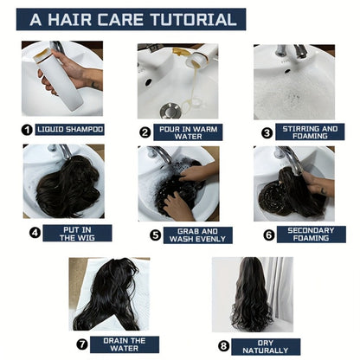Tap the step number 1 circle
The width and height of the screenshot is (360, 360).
[x=27, y=130]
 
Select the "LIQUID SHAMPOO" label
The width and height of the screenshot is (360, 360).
[x=70, y=129]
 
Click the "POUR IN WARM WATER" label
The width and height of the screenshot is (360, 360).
[x=188, y=132]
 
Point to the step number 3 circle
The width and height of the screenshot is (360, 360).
[x=267, y=132]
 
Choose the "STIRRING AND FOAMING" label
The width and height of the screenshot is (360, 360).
[x=310, y=132]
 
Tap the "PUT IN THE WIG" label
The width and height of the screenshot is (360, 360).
[x=77, y=234]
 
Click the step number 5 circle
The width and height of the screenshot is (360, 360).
[x=155, y=235]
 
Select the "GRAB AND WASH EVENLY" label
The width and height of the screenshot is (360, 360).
[x=198, y=235]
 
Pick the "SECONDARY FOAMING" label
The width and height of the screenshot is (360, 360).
[x=312, y=235]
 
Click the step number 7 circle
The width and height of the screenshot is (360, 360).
[x=82, y=344]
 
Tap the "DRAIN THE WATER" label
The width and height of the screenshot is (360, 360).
[x=125, y=344]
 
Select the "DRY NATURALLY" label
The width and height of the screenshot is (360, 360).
[x=266, y=347]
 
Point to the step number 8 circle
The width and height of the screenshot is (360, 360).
[x=223, y=346]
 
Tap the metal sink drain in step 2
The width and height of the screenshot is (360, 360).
[x=170, y=111]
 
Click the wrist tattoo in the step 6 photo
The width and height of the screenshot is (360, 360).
[x=324, y=191]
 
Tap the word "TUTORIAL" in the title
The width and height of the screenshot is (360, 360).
[x=194, y=19]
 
